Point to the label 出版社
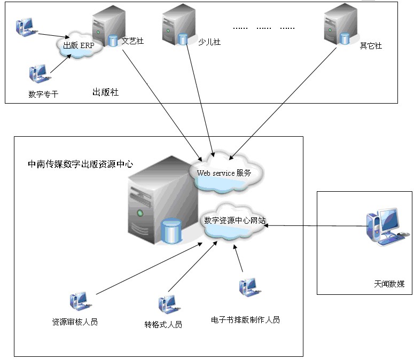tap(105, 92)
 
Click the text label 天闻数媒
tap(389, 284)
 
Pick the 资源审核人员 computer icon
tap(79, 302)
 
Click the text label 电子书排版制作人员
tap(245, 320)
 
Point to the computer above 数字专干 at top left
tap(25, 27)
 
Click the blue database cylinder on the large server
tap(171, 231)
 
